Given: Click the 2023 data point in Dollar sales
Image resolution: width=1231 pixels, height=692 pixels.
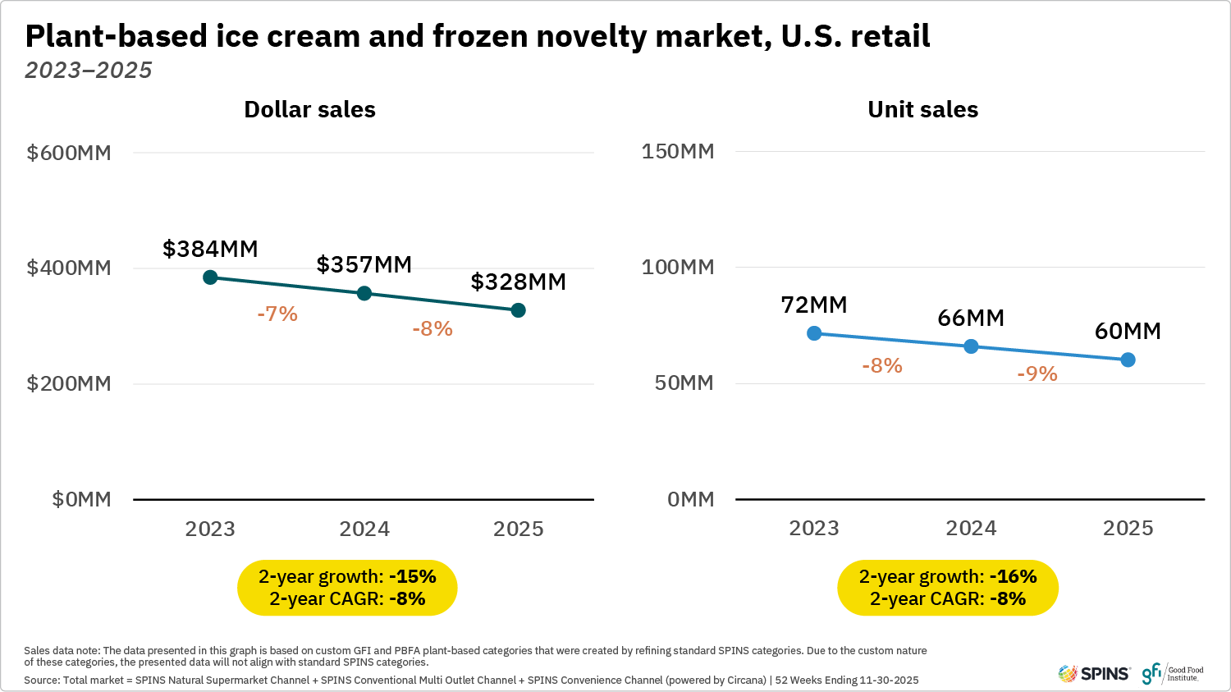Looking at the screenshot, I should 210,277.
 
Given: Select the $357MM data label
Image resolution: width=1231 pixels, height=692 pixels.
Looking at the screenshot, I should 364,264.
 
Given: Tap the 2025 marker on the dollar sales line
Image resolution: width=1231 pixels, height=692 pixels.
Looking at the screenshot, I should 518,310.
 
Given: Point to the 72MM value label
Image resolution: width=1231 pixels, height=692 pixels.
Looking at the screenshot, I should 813,305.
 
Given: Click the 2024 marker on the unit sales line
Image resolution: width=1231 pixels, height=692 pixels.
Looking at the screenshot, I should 971,346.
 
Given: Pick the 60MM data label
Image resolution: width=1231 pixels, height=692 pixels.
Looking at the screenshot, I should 1128,331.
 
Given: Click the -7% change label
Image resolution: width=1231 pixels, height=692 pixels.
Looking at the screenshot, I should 277,314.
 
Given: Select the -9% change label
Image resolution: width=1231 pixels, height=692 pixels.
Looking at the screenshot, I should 1037,373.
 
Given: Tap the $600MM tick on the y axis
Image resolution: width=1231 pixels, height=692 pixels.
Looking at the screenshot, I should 69,153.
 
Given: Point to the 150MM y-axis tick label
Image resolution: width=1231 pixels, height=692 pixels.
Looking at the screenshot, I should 678,151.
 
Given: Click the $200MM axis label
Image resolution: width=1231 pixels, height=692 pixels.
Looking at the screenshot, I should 69,383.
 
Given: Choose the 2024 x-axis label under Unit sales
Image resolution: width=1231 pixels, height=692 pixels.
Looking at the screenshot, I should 971,528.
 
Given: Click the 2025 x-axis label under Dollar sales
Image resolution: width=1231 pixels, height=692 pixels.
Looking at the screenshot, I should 518,529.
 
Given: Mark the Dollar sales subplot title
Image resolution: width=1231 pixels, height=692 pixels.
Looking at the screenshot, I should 309,109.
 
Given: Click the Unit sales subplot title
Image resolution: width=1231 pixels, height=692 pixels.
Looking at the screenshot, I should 922,109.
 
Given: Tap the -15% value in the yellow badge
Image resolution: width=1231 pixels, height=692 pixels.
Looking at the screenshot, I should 412,576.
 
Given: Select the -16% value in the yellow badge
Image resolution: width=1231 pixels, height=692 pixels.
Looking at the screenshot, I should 1013,576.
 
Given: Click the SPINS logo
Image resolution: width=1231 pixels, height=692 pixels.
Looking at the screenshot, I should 1094,674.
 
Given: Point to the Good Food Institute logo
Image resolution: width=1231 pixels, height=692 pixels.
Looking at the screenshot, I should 1173,673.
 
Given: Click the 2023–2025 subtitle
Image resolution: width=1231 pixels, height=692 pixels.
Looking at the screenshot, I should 89,70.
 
